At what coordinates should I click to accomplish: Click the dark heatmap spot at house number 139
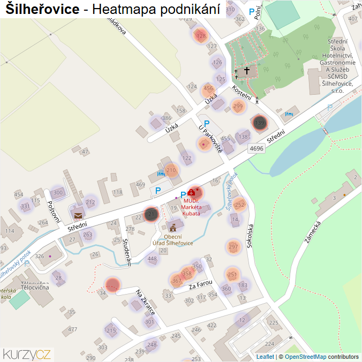pos(260,123)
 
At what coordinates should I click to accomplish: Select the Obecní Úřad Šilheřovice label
pos(172,239)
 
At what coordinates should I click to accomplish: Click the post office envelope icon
pos(79,216)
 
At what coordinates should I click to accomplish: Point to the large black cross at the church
pos(247,70)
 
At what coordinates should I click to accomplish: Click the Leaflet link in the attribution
pos(265,357)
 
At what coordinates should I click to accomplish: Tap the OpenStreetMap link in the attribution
pos(305,357)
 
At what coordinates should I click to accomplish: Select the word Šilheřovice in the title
pos(42,9)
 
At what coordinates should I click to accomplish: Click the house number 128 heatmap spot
pos(201,36)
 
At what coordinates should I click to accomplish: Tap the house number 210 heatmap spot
pos(171,171)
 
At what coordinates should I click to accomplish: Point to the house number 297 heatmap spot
pos(233,247)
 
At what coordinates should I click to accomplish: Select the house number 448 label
pos(153,259)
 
